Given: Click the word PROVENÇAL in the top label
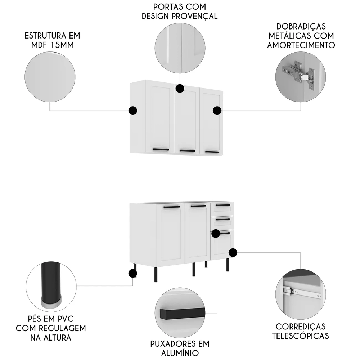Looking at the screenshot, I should point(197,16).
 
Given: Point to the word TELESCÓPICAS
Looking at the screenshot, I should point(300,336).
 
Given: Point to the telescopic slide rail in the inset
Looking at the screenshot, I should point(302,292).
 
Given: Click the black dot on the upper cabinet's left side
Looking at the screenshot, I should point(133,111).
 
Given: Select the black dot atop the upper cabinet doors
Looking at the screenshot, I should point(180,88).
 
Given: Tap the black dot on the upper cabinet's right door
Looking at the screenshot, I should point(217,111).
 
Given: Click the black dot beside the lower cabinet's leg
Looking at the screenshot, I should point(132,274).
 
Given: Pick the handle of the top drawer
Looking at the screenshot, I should point(223,205).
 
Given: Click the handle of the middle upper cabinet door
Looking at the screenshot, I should point(188,150).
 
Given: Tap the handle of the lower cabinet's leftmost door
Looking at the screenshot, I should point(171,207).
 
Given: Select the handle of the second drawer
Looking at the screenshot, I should point(223,219).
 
